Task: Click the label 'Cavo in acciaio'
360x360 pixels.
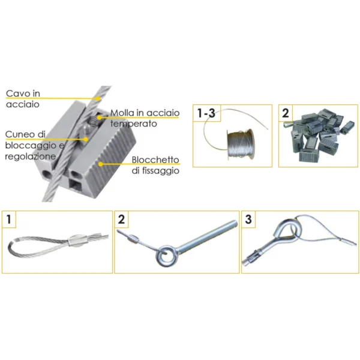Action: (23, 99)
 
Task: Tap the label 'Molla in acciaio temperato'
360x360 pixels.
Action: (145, 118)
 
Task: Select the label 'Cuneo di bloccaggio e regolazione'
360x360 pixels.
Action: (34, 145)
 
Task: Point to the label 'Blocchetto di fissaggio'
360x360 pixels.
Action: (155, 166)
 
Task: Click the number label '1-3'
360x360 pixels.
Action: (206, 113)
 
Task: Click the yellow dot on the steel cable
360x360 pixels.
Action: (98, 98)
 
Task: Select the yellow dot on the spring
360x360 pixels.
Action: (99, 118)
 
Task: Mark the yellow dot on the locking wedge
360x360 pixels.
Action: (86, 139)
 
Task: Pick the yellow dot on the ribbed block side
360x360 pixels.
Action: (100, 164)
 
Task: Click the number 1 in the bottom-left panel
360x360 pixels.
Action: (9, 219)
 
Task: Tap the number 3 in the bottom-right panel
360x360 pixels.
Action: (248, 219)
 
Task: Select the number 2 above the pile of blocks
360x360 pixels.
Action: (286, 113)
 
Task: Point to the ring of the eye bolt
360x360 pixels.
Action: (166, 256)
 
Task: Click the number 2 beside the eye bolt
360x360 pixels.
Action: (121, 219)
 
